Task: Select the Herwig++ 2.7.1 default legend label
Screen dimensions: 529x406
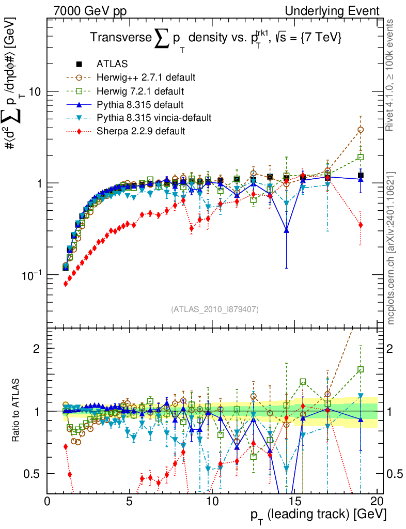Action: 146,78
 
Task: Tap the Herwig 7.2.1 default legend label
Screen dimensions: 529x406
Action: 141,91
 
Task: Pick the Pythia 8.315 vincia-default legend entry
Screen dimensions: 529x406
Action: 154,118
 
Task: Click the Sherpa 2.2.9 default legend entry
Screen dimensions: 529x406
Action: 140,132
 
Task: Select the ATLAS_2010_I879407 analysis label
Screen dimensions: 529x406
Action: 215,309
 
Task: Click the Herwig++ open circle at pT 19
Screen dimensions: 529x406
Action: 361,130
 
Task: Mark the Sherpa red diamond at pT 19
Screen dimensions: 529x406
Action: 361,225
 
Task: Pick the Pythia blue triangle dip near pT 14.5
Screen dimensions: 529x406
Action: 286,230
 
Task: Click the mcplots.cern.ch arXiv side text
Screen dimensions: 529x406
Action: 392,248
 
